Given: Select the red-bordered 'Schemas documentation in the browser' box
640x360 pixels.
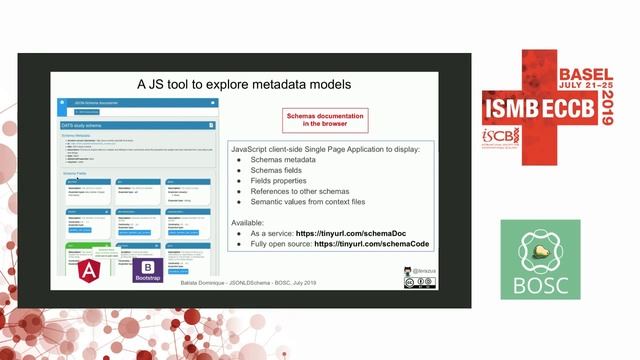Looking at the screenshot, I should (x=327, y=120).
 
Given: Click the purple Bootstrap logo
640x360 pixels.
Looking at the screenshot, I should (x=148, y=270).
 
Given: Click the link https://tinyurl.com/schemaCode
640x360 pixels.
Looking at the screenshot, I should (x=371, y=243).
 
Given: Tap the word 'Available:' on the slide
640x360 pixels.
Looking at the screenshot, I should (x=248, y=221).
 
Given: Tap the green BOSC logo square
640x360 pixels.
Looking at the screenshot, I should (x=540, y=260).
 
